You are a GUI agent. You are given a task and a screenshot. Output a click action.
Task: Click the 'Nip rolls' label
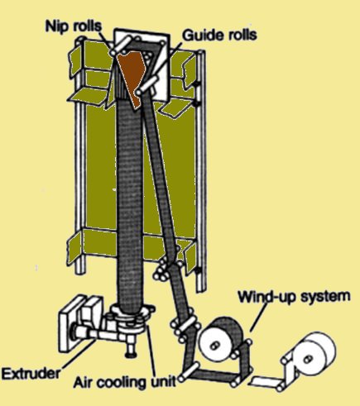pyautogui.click(x=74, y=26)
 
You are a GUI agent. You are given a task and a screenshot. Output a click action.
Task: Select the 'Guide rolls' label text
pyautogui.click(x=219, y=36)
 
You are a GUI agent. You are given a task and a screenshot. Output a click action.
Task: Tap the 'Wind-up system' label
pyautogui.click(x=294, y=297)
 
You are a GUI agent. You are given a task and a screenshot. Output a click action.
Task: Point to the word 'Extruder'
pyautogui.click(x=31, y=374)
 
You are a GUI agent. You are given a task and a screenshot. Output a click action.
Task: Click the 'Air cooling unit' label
pyautogui.click(x=125, y=382)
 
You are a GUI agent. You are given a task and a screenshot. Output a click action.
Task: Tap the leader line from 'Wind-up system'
pyautogui.click(x=259, y=318)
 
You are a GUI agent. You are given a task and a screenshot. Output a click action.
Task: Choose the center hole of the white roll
pyautogui.click(x=308, y=359)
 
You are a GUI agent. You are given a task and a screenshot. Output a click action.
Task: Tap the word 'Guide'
pyautogui.click(x=203, y=36)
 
